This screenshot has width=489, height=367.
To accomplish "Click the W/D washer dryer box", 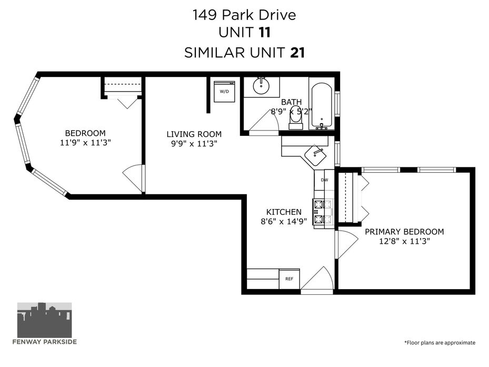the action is pyautogui.click(x=224, y=91).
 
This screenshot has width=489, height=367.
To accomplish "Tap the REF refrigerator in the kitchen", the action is pyautogui.click(x=289, y=279).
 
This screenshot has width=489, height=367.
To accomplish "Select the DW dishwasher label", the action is pyautogui.click(x=324, y=180).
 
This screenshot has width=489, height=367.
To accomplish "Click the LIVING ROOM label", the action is pyautogui.click(x=194, y=134).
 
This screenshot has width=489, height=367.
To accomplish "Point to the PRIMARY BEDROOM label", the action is pyautogui.click(x=404, y=232).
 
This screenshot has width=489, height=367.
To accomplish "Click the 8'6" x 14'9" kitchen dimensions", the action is pyautogui.click(x=284, y=222).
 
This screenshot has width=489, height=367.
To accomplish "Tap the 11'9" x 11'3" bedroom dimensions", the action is pyautogui.click(x=85, y=143).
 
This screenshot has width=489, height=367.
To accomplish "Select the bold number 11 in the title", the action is pyautogui.click(x=264, y=33).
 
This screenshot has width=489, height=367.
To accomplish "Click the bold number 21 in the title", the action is pyautogui.click(x=297, y=53).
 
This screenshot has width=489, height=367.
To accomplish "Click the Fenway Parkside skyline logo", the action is pyautogui.click(x=44, y=320).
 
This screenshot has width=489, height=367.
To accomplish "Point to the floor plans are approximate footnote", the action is pyautogui.click(x=440, y=343).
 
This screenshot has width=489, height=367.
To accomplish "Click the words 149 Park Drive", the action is pyautogui.click(x=244, y=15).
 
